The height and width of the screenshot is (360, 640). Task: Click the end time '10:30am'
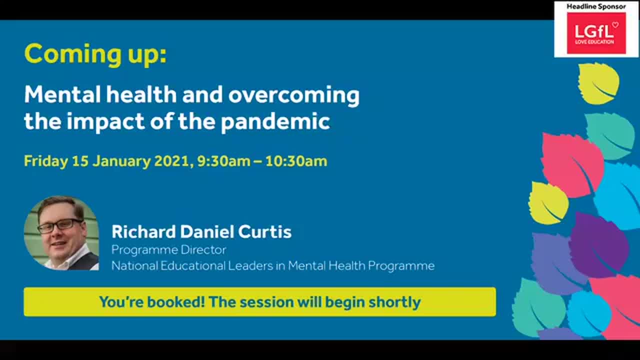pyautogui.click(x=296, y=161)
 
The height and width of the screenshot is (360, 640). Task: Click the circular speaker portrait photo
pyautogui.click(x=61, y=233)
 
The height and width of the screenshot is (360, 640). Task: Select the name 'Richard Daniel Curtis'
pyautogui.click(x=201, y=232)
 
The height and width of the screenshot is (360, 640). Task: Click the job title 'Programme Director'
pyautogui.click(x=168, y=249)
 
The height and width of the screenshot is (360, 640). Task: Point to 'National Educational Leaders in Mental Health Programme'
pyautogui.click(x=272, y=265)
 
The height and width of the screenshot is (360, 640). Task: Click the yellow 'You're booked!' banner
pyautogui.click(x=259, y=302)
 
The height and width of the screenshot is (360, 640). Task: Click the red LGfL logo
pyautogui.click(x=596, y=33)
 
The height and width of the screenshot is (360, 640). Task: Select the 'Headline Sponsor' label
pyautogui.click(x=596, y=6)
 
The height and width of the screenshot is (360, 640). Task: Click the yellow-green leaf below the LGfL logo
pyautogui.click(x=598, y=83)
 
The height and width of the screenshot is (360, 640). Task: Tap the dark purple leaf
pyautogui.click(x=597, y=245)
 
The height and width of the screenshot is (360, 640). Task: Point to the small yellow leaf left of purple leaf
pyautogui.click(x=548, y=203)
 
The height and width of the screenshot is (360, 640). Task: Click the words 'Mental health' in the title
pyautogui.click(x=100, y=94)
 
